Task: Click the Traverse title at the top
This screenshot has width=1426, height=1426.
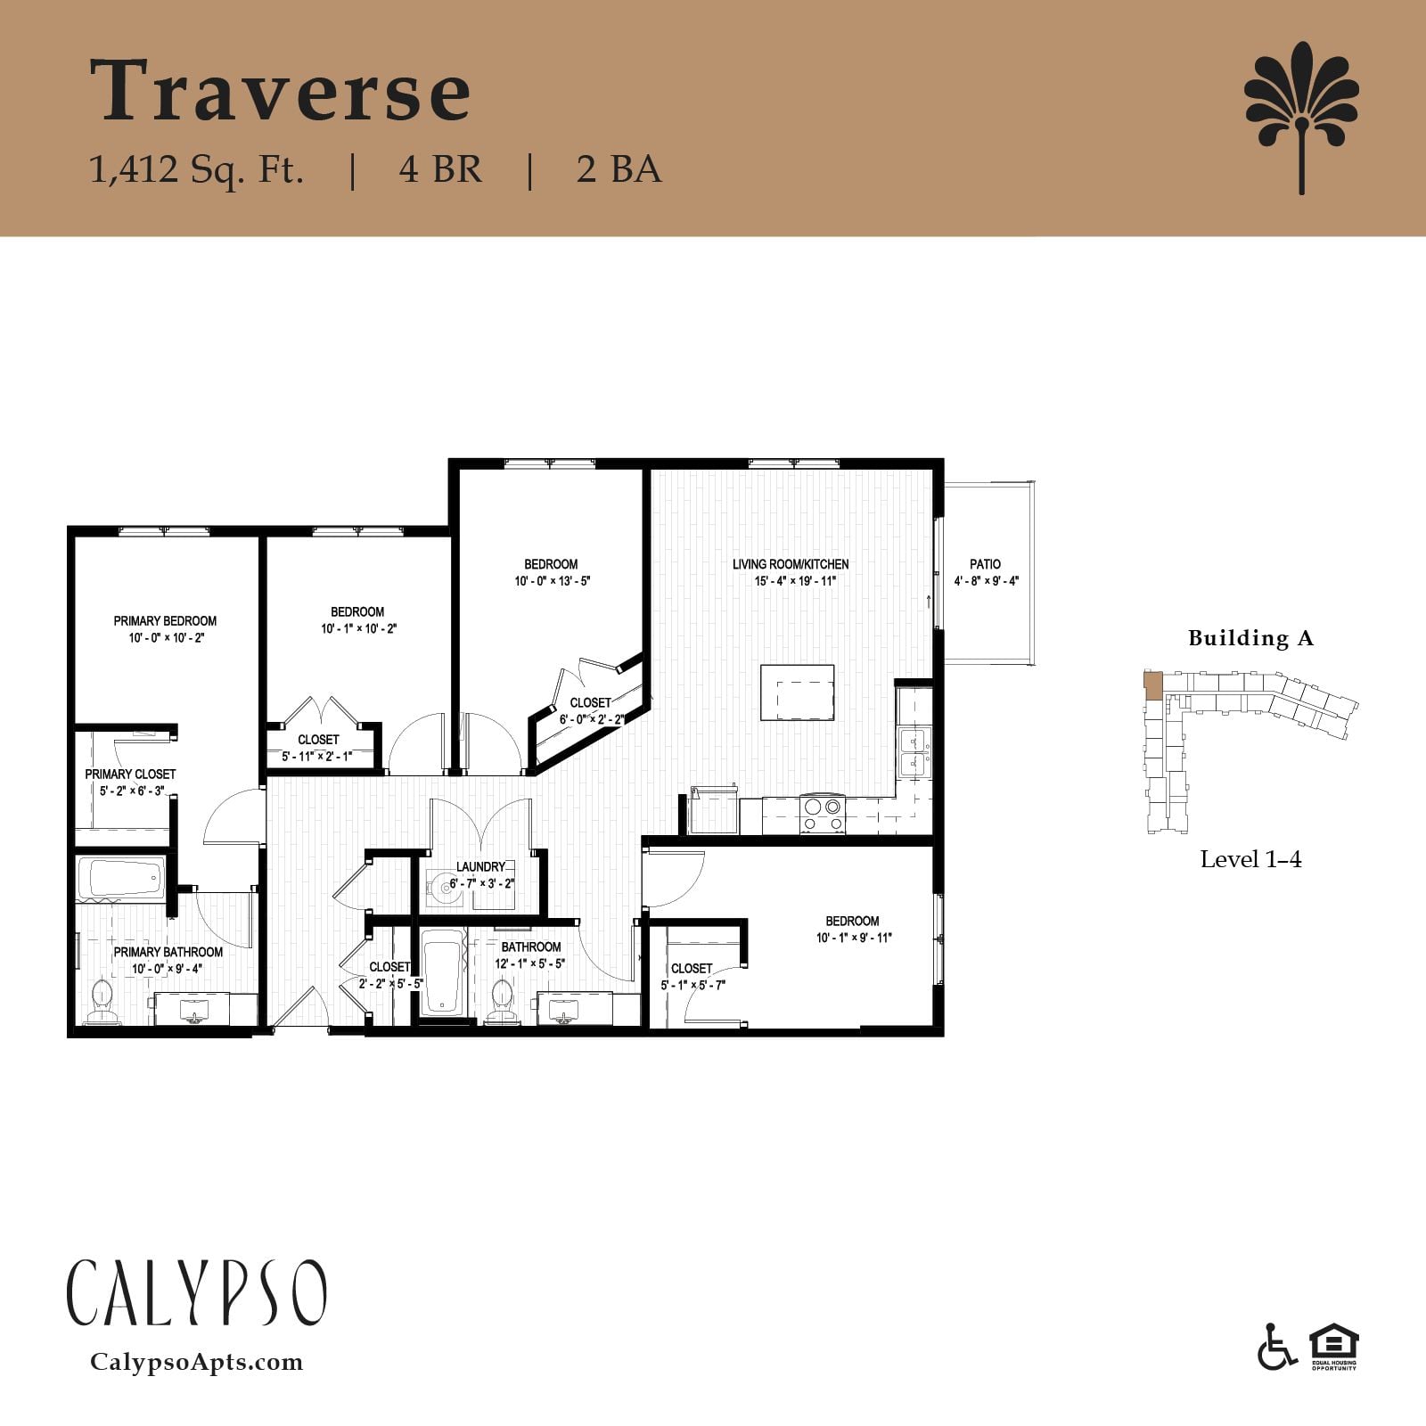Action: [x=280, y=91]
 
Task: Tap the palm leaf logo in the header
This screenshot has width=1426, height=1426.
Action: [x=1301, y=116]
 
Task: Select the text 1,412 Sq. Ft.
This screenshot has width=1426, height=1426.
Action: [x=197, y=168]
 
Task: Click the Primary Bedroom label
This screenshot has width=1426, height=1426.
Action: [x=165, y=621]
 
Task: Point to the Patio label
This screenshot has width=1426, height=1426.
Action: [x=985, y=564]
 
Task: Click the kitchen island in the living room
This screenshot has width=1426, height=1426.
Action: [x=797, y=693]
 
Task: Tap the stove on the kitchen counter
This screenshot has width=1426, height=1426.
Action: [x=822, y=814]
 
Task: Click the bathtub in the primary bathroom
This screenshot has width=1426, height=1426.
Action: [x=121, y=879]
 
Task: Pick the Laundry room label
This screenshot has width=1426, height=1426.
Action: [x=480, y=866]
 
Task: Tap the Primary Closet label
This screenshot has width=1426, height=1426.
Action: [x=130, y=774]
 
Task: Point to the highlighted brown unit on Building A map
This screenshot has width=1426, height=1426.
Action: [x=1152, y=684]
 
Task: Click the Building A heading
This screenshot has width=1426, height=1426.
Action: [x=1250, y=638]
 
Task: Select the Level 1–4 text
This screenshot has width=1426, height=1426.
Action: [x=1250, y=859]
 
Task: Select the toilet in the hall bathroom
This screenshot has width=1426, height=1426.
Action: [x=503, y=1002]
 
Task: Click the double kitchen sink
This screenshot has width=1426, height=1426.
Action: [x=913, y=752]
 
